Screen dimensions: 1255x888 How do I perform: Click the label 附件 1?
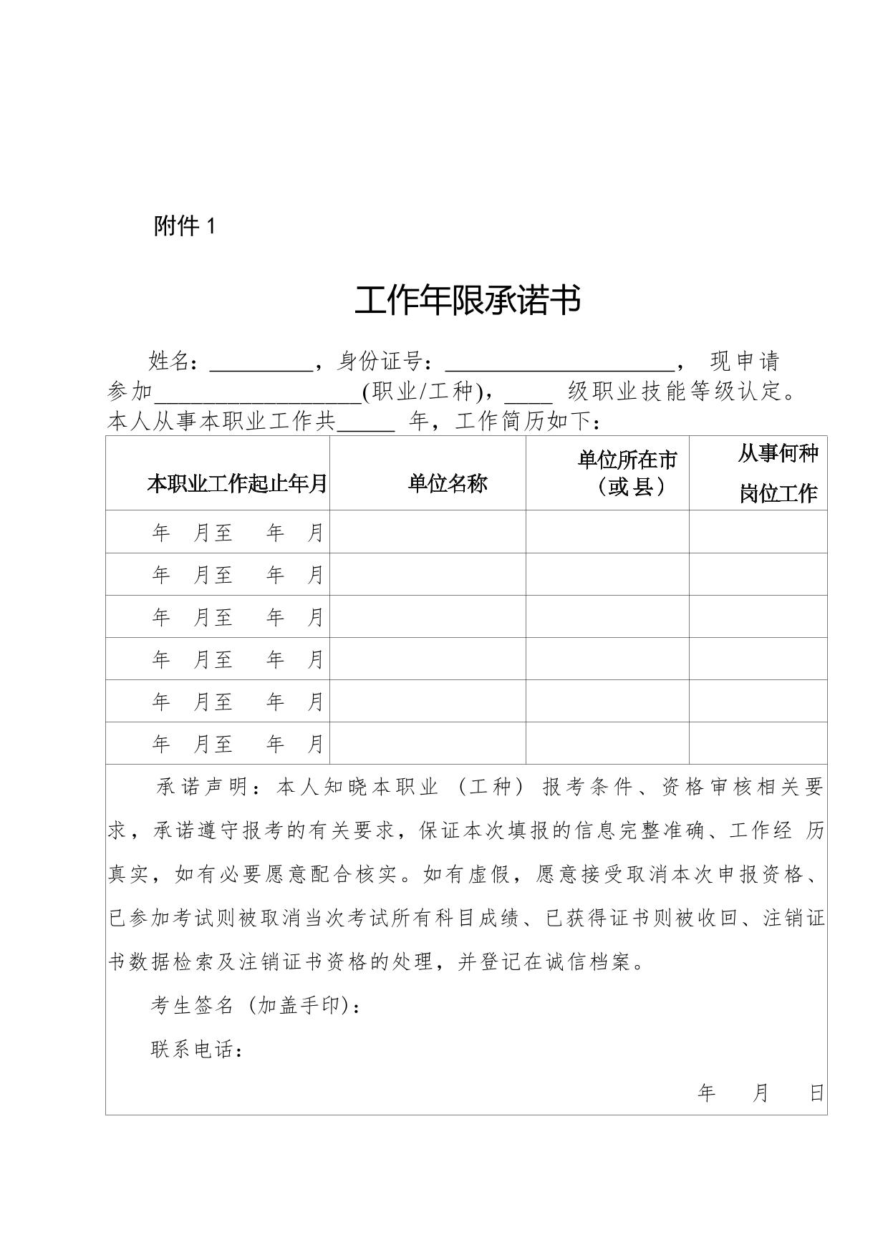point(184,227)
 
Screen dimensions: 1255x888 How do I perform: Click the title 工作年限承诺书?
point(467,301)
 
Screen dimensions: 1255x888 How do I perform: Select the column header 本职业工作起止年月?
point(236,484)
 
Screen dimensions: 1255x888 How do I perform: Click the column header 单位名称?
point(448,484)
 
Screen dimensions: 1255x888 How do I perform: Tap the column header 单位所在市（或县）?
point(627,473)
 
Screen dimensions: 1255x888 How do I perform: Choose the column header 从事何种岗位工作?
point(778,473)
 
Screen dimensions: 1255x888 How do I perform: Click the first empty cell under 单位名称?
point(428,532)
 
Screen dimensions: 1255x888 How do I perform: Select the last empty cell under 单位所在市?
point(607,743)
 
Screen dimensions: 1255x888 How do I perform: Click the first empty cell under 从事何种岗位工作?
point(758,532)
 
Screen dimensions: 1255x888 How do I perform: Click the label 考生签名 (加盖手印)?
point(254,1006)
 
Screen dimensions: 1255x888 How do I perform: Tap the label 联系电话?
point(194,1050)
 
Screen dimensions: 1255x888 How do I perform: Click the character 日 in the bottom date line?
point(816,1093)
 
